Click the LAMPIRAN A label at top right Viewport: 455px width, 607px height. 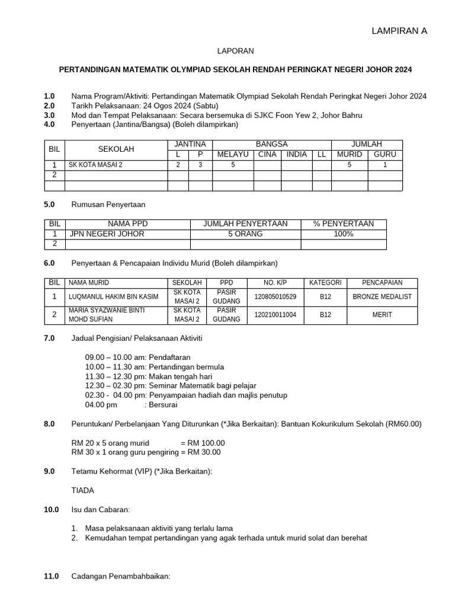(399, 31)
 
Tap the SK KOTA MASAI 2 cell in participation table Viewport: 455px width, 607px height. (96, 165)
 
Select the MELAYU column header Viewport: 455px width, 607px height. (233, 154)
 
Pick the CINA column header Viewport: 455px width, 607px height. (267, 154)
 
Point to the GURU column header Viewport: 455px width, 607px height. (385, 154)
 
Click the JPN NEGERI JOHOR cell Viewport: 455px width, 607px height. (107, 234)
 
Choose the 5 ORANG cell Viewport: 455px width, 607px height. (245, 234)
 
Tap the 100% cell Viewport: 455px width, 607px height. (344, 234)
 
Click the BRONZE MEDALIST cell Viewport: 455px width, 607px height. (382, 297)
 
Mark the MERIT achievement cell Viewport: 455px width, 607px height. (382, 315)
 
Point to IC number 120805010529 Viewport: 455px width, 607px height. (275, 297)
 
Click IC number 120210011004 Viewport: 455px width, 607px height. (275, 315)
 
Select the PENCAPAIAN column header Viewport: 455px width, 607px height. (382, 283)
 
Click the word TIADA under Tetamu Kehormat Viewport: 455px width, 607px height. (82, 491)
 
